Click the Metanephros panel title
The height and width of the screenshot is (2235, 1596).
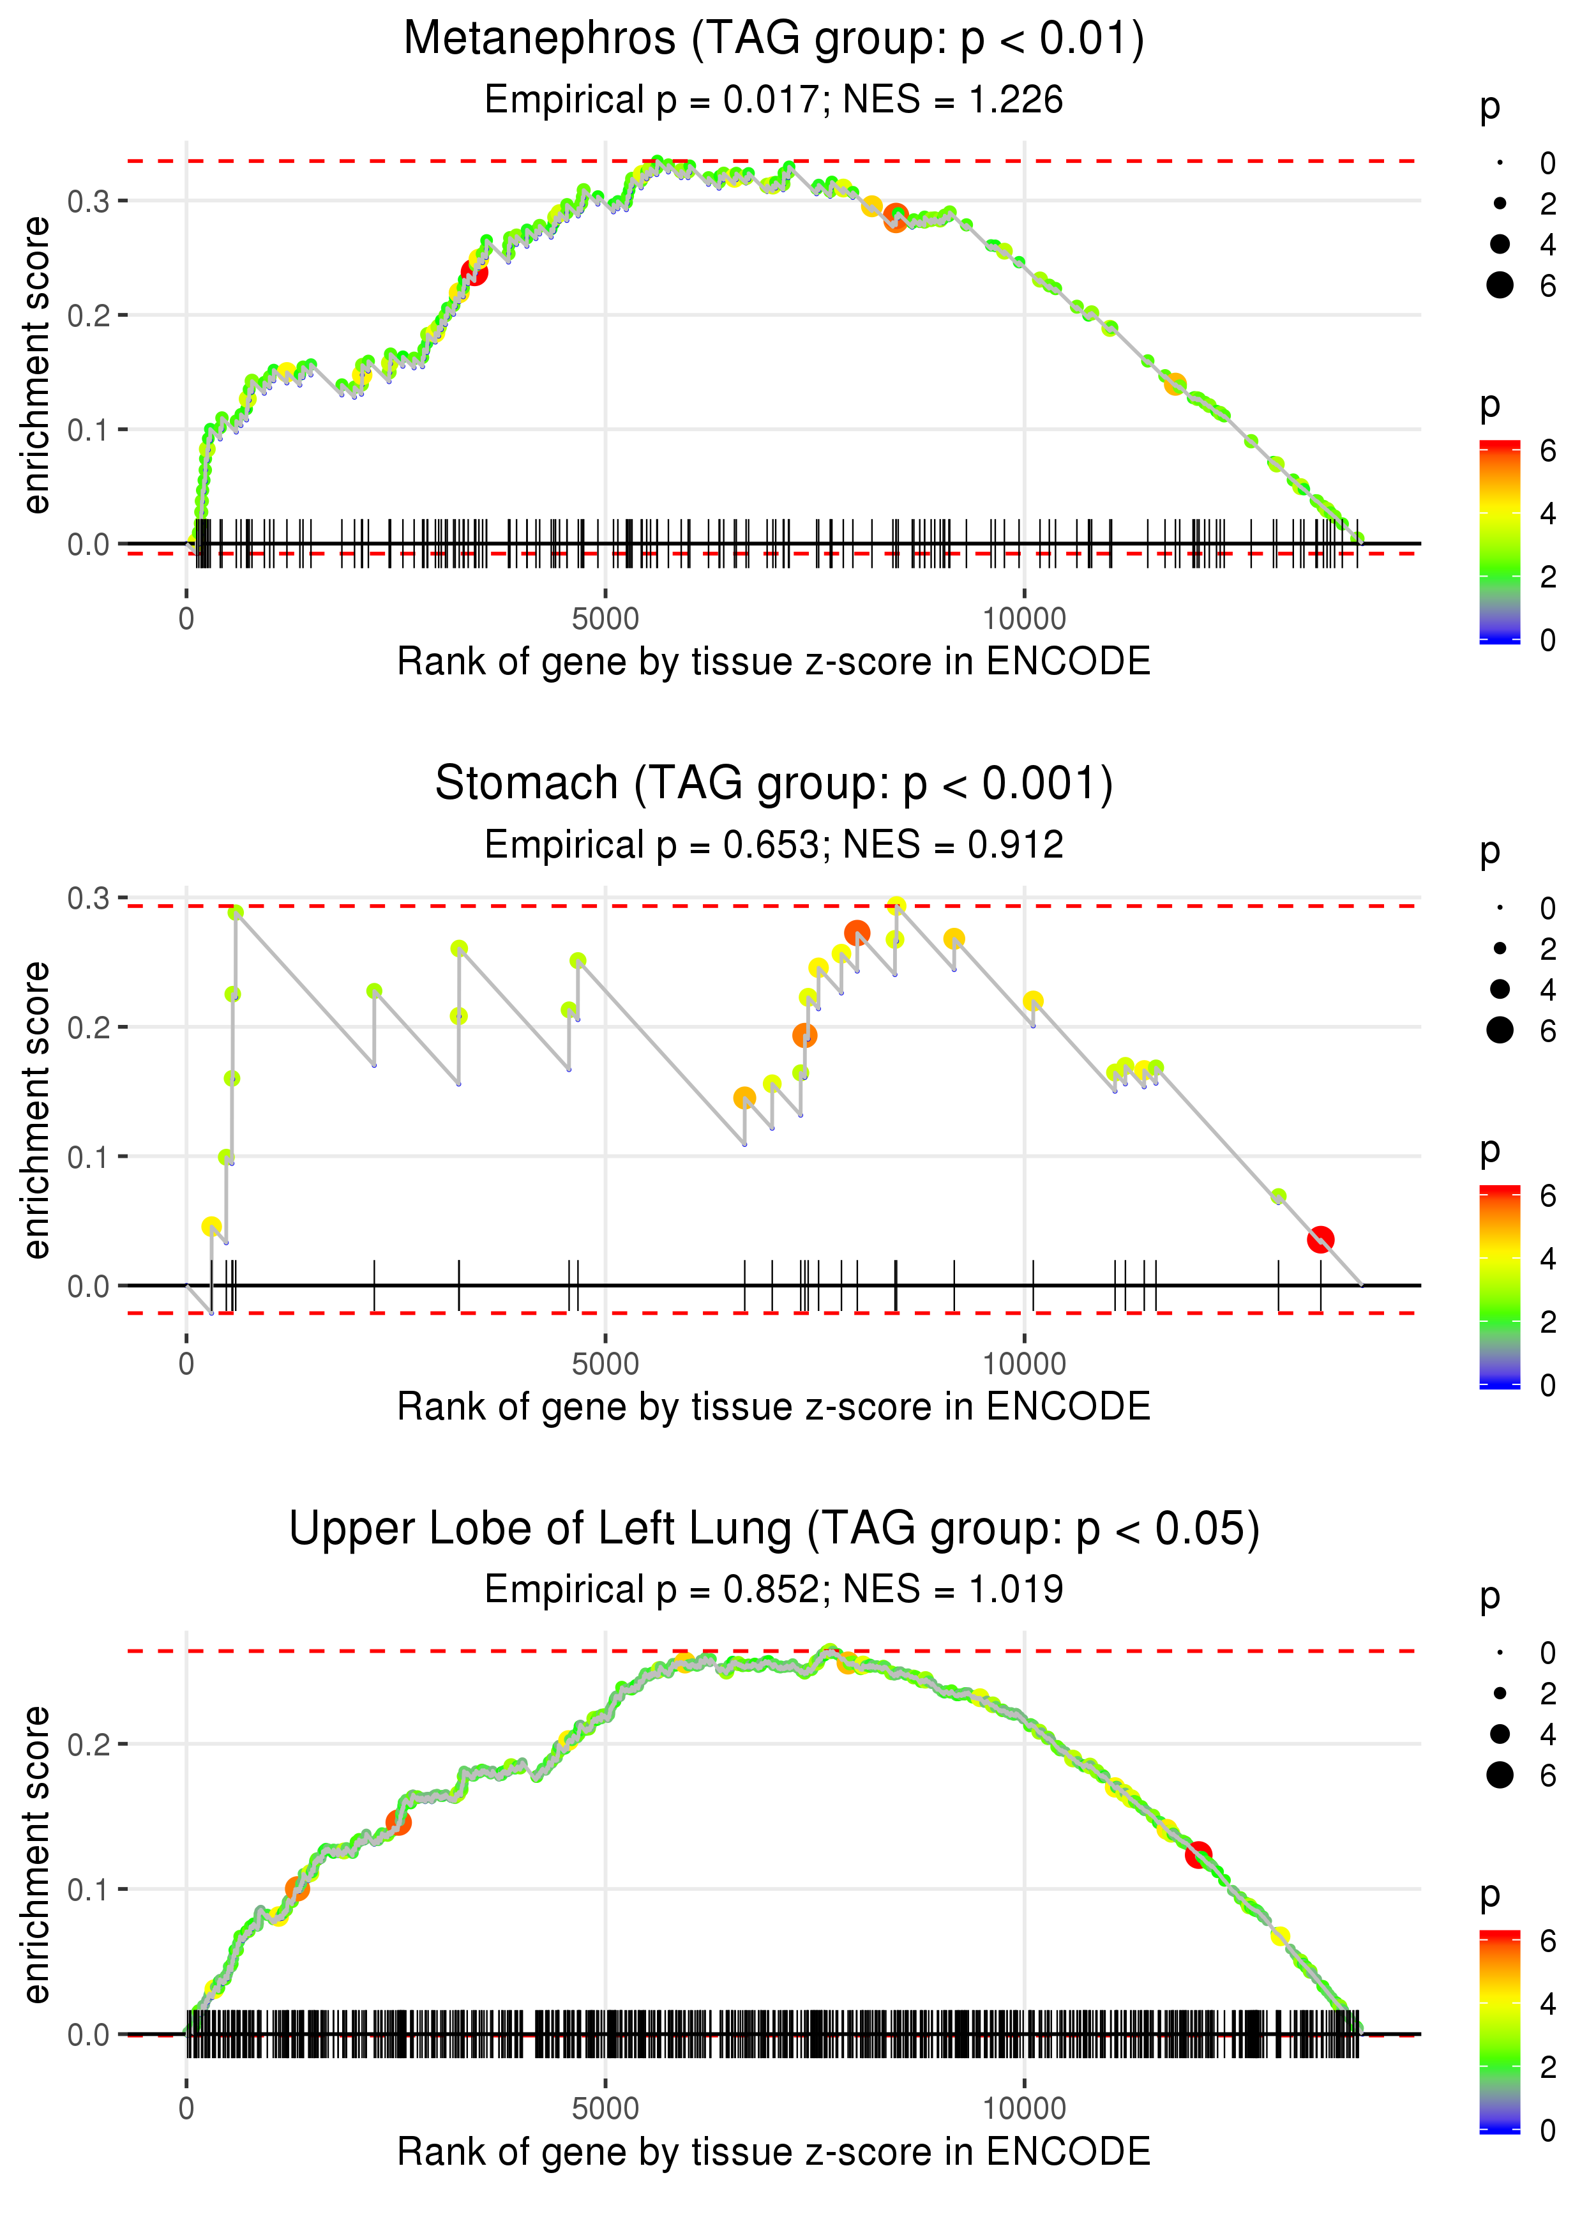pos(774,40)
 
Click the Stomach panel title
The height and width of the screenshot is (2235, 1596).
pos(774,784)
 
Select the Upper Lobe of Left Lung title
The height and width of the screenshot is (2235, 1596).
pos(774,1529)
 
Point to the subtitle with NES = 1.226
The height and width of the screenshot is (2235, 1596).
pos(774,100)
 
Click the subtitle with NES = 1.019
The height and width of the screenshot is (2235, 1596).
pos(774,1590)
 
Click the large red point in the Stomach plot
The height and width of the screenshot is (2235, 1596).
pos(1320,1239)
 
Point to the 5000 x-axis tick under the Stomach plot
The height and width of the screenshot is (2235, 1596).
pos(605,1364)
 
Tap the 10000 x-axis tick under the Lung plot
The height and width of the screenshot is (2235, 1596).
pos(1024,2109)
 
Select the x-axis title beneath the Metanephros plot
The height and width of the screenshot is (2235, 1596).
pos(774,662)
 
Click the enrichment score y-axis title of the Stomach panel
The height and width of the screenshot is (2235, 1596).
pos(36,1110)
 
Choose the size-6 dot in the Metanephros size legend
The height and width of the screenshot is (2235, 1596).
pos(1500,285)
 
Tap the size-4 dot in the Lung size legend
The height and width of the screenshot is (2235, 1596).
pos(1500,1734)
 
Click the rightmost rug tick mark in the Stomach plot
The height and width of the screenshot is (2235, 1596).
pos(1320,1285)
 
